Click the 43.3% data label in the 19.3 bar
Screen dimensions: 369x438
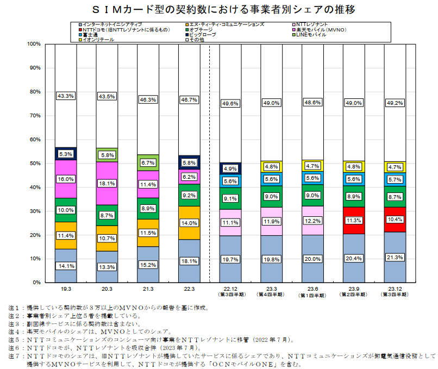[66, 96]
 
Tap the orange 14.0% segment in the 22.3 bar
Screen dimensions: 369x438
[189, 223]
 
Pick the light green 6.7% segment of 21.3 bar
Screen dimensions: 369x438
[148, 162]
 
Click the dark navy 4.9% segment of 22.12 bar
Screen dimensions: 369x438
[230, 168]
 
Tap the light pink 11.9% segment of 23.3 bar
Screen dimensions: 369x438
[272, 222]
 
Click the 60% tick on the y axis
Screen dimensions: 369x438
[34, 139]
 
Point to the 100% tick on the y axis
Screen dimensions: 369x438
[33, 43]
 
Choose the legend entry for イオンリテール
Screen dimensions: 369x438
[99, 40]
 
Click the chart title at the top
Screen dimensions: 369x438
[219, 9]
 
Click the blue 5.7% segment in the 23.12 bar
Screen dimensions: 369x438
[395, 179]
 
